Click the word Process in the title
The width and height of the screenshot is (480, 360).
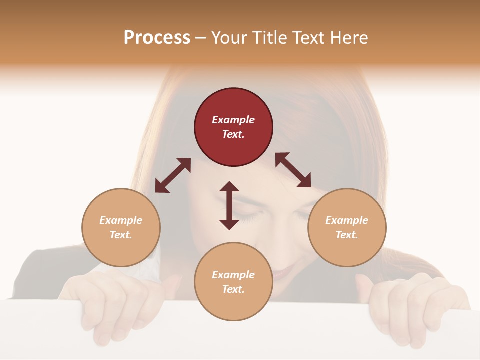[x=157, y=38]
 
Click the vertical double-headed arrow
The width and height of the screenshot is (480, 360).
[x=229, y=205]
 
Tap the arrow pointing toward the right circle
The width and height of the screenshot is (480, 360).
[x=293, y=170]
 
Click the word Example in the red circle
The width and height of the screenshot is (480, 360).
[x=233, y=120]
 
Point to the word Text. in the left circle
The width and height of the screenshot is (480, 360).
[x=121, y=235]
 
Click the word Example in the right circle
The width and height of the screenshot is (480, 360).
[x=347, y=220]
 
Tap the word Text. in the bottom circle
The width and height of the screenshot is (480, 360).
[x=233, y=289]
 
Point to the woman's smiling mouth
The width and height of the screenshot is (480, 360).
[x=285, y=272]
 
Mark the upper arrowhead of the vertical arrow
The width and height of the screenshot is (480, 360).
[x=229, y=187]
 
